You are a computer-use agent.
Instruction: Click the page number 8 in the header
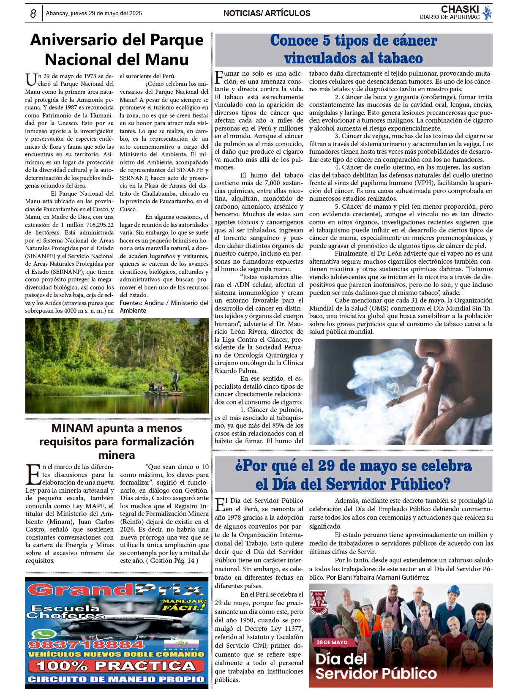(x=33, y=14)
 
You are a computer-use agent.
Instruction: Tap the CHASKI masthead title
(x=460, y=9)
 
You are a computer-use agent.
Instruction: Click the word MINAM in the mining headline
(x=72, y=428)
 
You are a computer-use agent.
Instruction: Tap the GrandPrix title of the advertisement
(x=117, y=589)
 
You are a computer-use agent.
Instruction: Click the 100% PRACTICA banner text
(x=116, y=666)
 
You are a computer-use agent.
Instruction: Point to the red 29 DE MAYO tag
(x=332, y=642)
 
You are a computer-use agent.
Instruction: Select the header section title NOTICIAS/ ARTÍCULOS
(x=267, y=13)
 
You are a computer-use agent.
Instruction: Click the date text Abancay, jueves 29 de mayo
(x=94, y=13)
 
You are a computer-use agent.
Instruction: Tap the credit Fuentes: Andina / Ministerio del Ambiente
(x=164, y=307)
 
